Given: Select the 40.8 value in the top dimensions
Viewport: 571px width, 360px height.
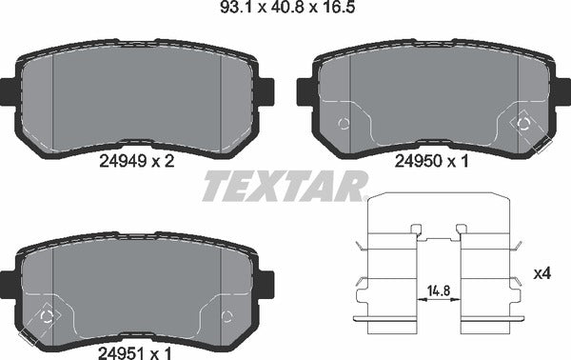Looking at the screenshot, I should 284,11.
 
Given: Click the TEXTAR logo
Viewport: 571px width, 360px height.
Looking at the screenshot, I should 283,185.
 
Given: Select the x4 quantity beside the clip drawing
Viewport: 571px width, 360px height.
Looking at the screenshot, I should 541,274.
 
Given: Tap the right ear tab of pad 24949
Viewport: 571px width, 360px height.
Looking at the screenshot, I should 266,90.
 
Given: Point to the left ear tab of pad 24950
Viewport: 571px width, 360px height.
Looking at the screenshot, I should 304,90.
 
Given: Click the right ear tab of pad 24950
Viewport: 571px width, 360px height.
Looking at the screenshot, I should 561,90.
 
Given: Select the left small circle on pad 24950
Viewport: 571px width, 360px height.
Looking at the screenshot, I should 344,123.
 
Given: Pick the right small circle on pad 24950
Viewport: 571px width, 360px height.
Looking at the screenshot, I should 522,122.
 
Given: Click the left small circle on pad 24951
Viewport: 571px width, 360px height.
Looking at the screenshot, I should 47,316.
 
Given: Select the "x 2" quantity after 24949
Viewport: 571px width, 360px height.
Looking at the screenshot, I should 162,162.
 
